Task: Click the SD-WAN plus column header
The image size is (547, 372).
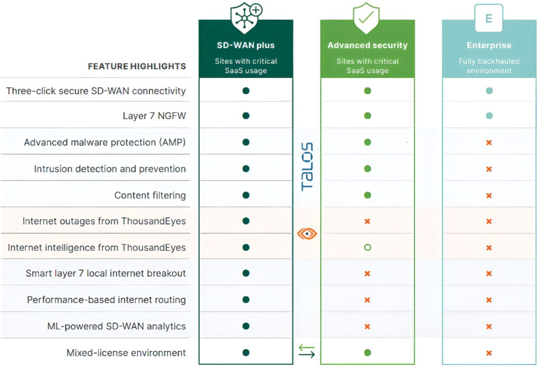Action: coord(245,45)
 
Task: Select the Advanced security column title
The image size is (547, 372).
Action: coord(367,45)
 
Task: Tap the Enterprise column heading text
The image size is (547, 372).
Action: coord(489,45)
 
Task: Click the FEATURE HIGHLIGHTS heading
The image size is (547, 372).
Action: coord(137,67)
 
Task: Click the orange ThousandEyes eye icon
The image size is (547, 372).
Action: coord(307,234)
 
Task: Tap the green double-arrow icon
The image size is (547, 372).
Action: coord(307,351)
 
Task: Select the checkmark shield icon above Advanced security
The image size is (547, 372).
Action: coord(366,18)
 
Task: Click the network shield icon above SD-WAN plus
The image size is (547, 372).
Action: coord(245,18)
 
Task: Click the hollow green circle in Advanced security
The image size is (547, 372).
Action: coord(367,248)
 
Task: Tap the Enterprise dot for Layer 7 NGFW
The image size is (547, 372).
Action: coord(489,116)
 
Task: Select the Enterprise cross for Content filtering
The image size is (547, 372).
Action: coord(489,195)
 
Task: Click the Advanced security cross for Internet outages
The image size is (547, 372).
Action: coord(367,221)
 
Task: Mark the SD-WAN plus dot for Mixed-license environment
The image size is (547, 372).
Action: coord(246,352)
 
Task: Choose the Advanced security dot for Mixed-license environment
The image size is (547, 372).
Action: coord(367,352)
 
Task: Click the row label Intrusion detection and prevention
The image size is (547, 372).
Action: coord(110,169)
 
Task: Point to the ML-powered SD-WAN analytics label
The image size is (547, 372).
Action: coord(116,326)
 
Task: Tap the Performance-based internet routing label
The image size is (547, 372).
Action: coord(106,300)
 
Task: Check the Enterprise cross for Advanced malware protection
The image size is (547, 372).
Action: coord(489,143)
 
